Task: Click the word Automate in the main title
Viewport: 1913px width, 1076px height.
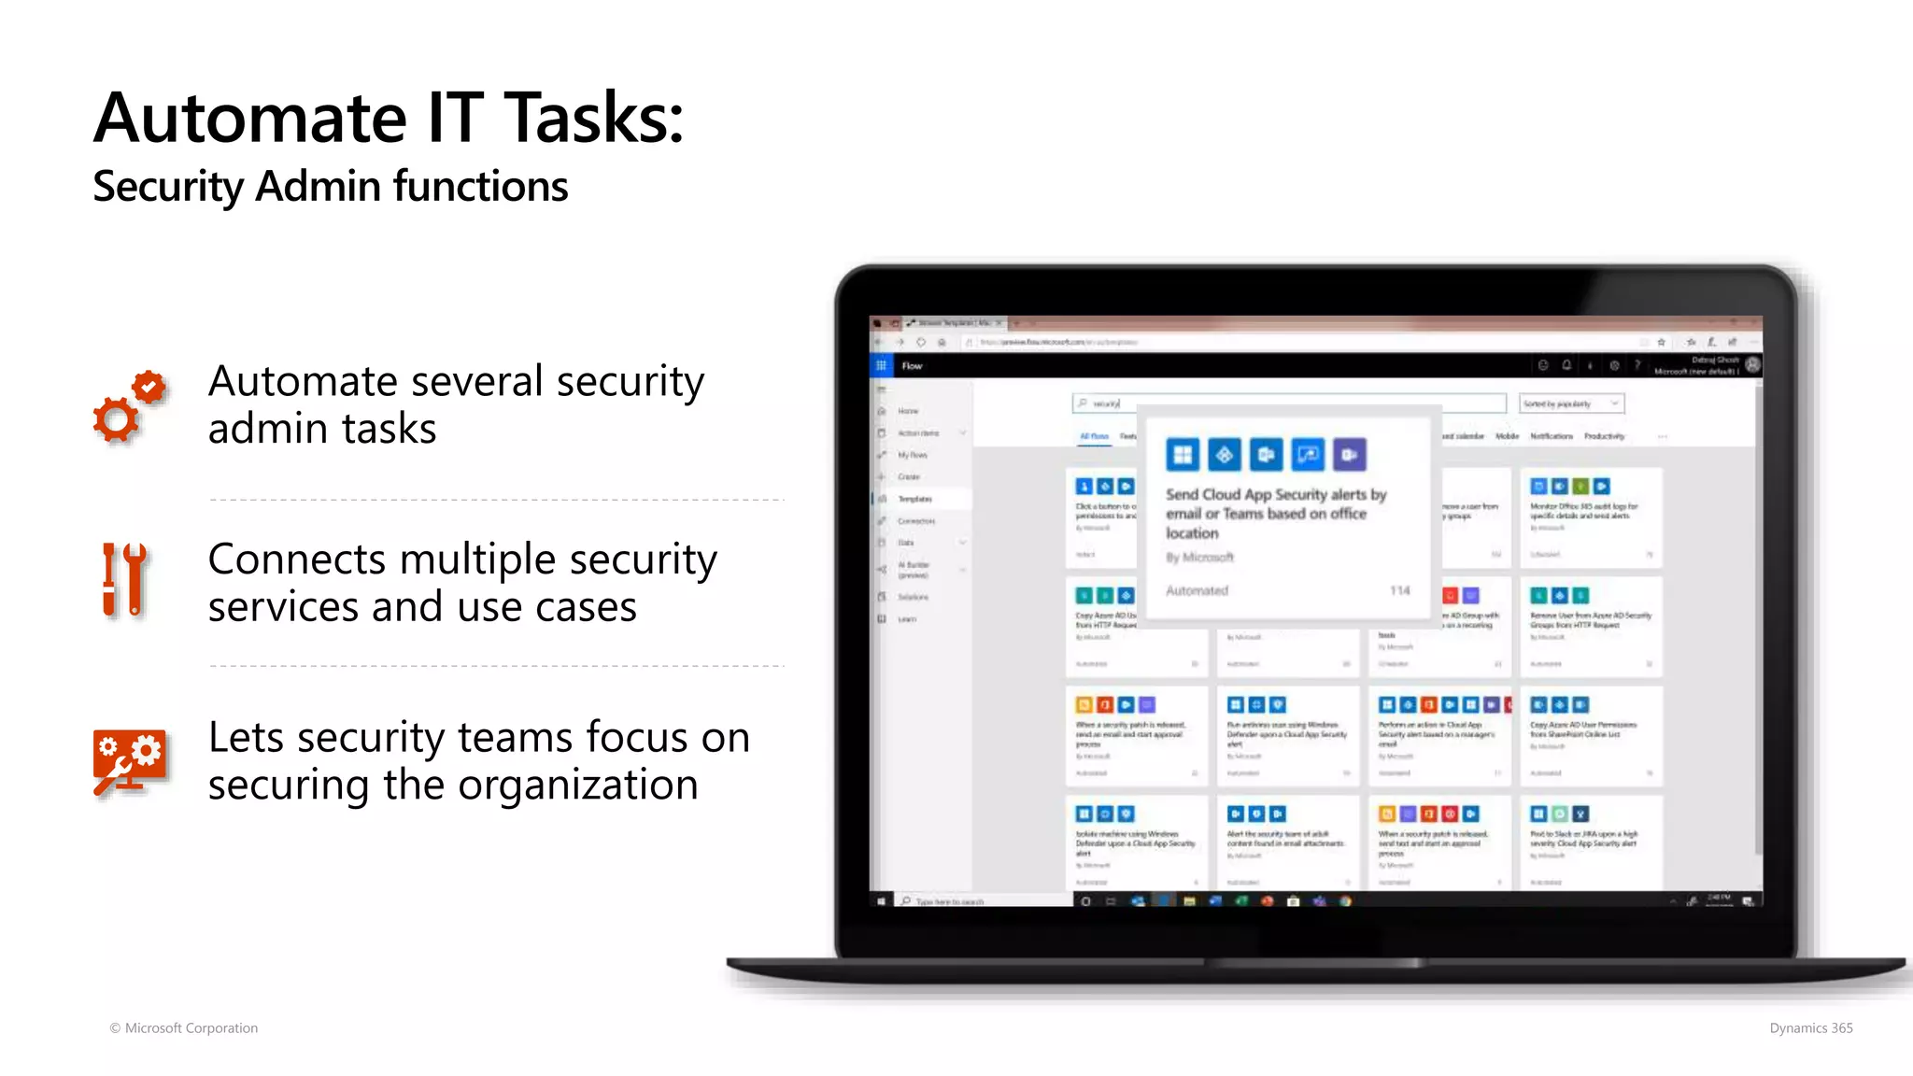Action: [250, 119]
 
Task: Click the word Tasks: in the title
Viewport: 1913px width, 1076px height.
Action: [594, 119]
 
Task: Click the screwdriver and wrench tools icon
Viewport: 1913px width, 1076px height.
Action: [124, 580]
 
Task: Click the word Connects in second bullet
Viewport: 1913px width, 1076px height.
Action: [297, 559]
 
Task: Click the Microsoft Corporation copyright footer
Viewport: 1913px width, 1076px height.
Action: [184, 1028]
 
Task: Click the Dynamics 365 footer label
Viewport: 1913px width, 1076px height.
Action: [1810, 1028]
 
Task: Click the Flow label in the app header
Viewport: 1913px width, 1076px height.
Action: [912, 366]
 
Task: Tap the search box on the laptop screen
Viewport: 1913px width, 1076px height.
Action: [1289, 403]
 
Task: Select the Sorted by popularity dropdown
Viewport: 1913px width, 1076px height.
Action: [1571, 403]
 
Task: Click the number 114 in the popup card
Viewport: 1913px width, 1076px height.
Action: [1399, 590]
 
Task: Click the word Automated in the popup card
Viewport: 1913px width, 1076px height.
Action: [1197, 590]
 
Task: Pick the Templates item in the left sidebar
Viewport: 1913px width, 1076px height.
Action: [914, 499]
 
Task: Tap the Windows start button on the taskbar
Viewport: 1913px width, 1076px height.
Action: [881, 901]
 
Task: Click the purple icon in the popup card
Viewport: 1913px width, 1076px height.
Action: [1349, 455]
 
